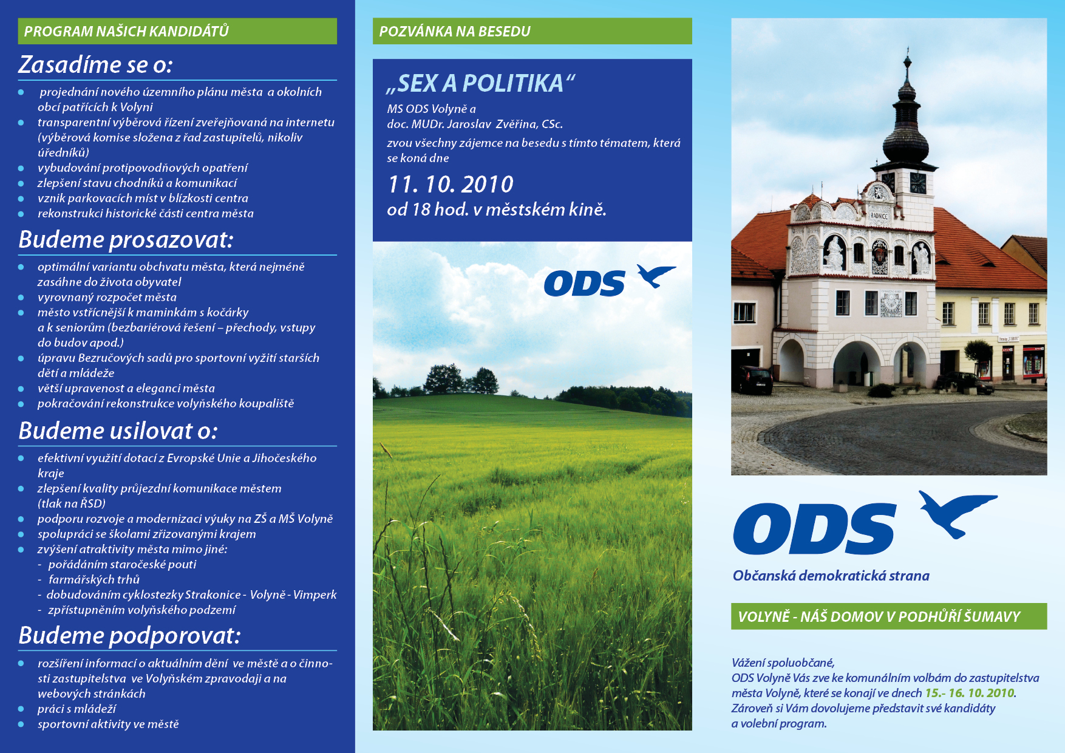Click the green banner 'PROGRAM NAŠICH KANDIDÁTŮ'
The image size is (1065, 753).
tap(177, 31)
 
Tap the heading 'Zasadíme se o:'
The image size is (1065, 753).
tap(95, 65)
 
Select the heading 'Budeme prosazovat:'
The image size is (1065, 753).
tap(126, 240)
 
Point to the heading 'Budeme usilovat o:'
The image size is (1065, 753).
tap(118, 431)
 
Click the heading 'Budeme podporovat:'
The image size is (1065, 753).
tap(129, 636)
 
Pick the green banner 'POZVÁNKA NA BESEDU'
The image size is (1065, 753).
tap(532, 31)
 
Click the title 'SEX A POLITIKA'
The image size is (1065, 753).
tap(480, 84)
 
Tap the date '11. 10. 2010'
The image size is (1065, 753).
tap(451, 184)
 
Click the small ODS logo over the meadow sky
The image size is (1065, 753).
tap(610, 281)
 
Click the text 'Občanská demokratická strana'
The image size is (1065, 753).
tap(831, 576)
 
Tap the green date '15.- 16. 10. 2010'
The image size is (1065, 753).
tap(970, 693)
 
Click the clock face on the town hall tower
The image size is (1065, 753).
tap(917, 182)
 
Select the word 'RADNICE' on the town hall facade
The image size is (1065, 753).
tap(879, 216)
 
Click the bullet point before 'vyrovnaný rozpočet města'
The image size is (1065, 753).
tap(21, 298)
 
